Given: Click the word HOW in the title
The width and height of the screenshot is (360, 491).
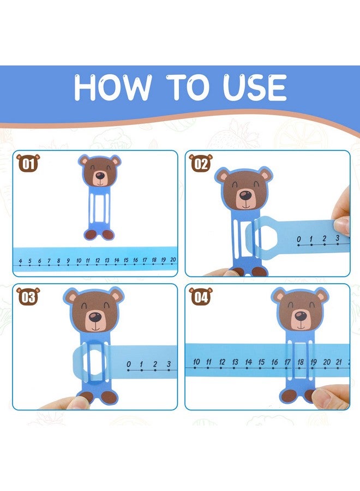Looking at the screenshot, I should tap(109, 87).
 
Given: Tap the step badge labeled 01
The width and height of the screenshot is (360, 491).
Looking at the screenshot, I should tap(28, 163).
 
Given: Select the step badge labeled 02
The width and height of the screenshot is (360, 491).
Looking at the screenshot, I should tap(200, 163).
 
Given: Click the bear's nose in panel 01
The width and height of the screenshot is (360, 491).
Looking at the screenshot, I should tap(100, 176).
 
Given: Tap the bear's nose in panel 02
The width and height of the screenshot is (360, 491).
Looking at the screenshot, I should tap(245, 195).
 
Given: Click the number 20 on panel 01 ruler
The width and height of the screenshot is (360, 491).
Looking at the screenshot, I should tap(172, 260).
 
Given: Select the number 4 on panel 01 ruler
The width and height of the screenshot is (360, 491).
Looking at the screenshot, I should tap(20, 261).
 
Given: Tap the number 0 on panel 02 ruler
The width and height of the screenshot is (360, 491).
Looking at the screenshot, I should tap(298, 239).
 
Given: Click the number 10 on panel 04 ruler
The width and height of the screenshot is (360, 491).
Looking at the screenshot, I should tap(196, 362).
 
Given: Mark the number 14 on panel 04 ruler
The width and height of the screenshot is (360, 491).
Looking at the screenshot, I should tap(248, 362).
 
